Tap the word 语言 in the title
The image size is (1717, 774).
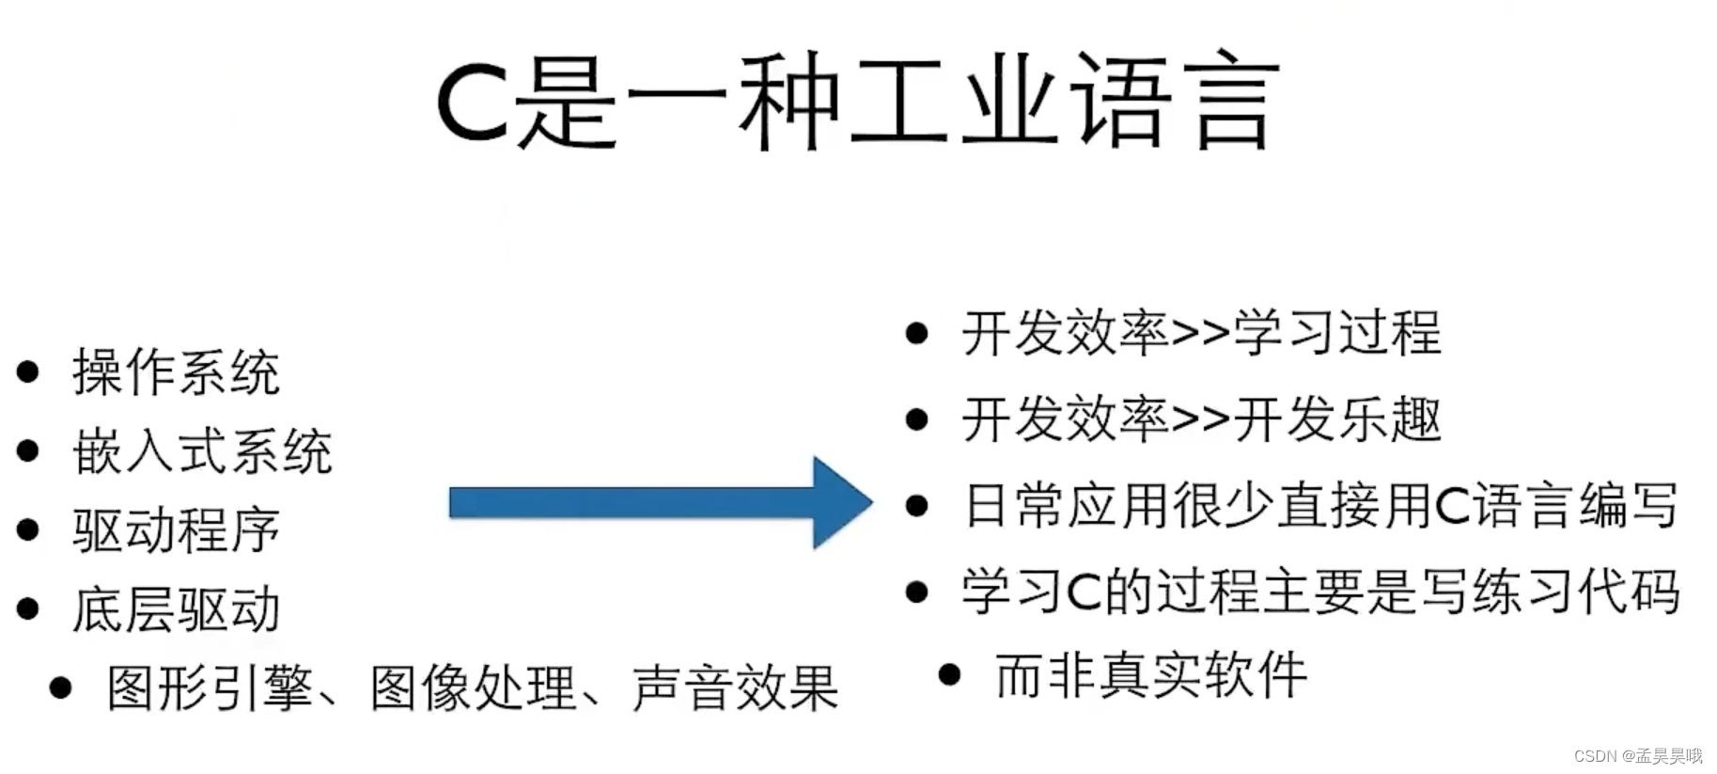[x=1174, y=101]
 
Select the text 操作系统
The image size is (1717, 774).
[x=176, y=372]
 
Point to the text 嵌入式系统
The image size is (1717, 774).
[x=202, y=451]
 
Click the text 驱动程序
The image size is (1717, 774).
[x=176, y=530]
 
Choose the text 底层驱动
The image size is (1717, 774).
[x=176, y=609]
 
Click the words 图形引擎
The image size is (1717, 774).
[x=210, y=688]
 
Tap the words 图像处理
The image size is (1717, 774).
[x=472, y=688]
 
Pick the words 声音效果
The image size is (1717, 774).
[x=735, y=688]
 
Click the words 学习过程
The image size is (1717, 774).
[x=1336, y=333]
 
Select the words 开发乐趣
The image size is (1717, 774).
[x=1336, y=419]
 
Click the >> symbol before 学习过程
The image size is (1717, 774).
[x=1200, y=333]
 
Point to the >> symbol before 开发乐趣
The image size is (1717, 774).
[x=1200, y=419]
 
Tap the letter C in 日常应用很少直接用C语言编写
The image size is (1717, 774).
[x=1452, y=506]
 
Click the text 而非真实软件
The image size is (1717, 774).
[x=1151, y=675]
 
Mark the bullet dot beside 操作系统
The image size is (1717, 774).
[x=28, y=371]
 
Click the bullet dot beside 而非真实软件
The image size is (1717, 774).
[x=949, y=674]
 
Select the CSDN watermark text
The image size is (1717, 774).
[x=1637, y=756]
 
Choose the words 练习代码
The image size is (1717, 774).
[x=1575, y=592]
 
